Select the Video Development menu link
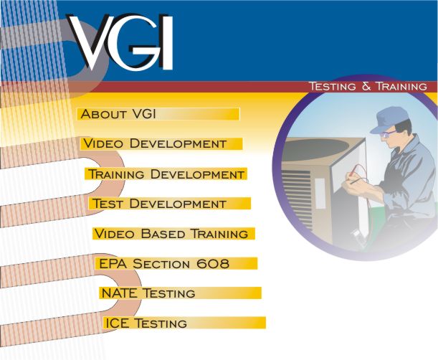click(x=154, y=143)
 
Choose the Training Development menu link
click(x=166, y=174)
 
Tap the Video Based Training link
click(x=171, y=234)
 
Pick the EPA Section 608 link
click(x=164, y=264)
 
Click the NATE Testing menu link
click(x=148, y=293)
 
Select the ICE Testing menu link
click(x=146, y=323)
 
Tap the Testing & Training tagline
click(x=367, y=86)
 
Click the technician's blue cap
click(x=388, y=118)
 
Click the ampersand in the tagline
click(x=365, y=86)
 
